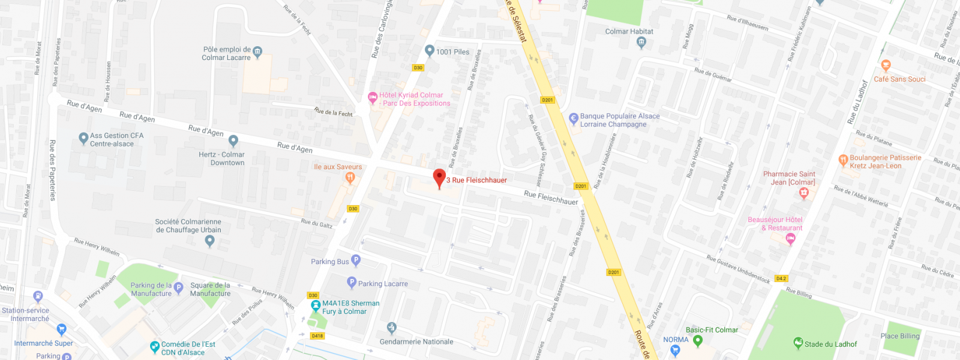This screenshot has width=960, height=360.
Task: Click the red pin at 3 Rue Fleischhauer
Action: click(439, 178)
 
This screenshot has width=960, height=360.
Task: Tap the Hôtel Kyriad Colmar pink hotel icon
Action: click(372, 97)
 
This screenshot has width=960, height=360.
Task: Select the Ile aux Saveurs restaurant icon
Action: click(350, 177)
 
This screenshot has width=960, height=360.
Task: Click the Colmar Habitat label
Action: click(629, 32)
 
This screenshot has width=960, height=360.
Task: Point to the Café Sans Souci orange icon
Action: click(886, 65)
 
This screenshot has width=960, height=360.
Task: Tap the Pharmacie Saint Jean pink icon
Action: click(804, 193)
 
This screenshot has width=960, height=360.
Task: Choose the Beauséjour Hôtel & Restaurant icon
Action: click(790, 239)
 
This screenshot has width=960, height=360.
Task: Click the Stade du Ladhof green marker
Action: click(798, 343)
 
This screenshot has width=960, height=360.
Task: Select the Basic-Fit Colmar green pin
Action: click(697, 341)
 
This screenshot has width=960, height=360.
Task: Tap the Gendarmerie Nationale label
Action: click(416, 342)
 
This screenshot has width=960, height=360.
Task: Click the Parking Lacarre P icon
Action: click(352, 283)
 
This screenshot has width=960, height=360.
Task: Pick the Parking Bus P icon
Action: click(356, 260)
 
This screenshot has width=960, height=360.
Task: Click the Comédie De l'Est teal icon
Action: click(155, 347)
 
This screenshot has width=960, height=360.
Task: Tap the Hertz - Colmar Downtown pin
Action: click(233, 141)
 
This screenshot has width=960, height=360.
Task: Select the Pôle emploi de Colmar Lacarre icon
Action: click(257, 52)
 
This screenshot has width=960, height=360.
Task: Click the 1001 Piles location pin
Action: click(429, 50)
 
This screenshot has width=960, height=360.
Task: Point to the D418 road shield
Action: click(317, 336)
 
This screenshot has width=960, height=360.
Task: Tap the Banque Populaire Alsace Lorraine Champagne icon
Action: click(573, 118)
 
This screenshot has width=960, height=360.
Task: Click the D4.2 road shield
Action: click(781, 278)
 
